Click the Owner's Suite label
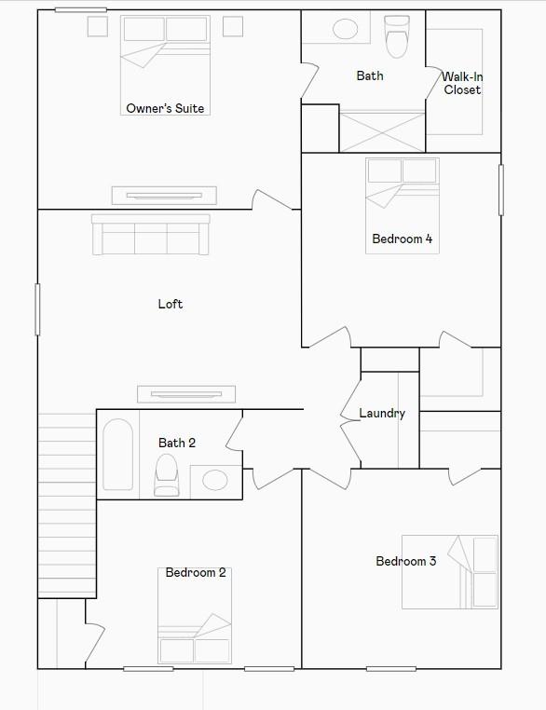[165, 109]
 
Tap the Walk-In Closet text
[462, 84]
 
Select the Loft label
[171, 304]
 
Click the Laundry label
[382, 414]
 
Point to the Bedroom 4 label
[402, 239]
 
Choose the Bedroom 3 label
[405, 561]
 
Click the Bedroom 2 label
[196, 572]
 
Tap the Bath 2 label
[177, 443]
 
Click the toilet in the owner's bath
[397, 36]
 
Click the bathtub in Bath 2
[117, 455]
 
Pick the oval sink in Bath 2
[215, 481]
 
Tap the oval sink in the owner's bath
[346, 29]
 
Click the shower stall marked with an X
[382, 131]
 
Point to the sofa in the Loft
[150, 235]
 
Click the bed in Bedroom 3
[450, 571]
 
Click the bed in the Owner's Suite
[165, 53]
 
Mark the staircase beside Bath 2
[67, 503]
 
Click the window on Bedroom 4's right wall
[501, 190]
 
